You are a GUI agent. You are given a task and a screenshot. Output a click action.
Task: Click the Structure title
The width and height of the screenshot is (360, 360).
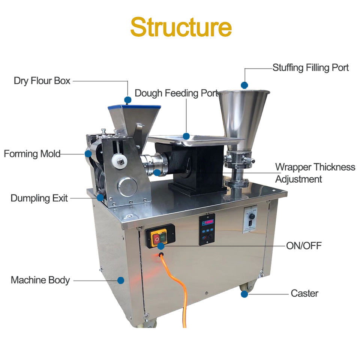click(180, 27)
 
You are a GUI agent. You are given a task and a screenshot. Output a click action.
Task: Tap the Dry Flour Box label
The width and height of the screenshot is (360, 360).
click(42, 81)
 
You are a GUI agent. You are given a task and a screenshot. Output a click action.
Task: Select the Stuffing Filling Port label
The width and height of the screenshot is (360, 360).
click(310, 68)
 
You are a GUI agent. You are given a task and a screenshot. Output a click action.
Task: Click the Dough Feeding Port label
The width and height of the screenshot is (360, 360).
click(176, 93)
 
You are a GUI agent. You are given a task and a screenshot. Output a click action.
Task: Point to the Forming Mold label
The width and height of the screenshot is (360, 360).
click(32, 154)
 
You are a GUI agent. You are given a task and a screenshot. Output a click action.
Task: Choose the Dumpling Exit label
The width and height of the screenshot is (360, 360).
click(39, 198)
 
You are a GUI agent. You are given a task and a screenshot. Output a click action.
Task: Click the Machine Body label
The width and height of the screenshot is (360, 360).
click(40, 280)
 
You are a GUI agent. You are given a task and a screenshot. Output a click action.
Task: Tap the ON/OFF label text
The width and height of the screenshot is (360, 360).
click(304, 246)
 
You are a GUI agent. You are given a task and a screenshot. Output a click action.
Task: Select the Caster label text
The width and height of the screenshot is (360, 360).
click(304, 293)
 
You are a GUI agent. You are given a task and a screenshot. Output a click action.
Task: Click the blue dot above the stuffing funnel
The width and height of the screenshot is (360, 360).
click(244, 85)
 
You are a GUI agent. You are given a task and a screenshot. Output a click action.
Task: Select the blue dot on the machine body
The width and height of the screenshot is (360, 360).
click(120, 280)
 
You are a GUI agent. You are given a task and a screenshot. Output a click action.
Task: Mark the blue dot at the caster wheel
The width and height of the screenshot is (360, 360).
click(244, 294)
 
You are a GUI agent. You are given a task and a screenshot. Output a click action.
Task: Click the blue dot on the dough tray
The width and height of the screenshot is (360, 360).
click(186, 136)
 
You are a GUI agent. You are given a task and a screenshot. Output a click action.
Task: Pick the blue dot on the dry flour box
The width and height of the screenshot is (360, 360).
click(128, 100)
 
